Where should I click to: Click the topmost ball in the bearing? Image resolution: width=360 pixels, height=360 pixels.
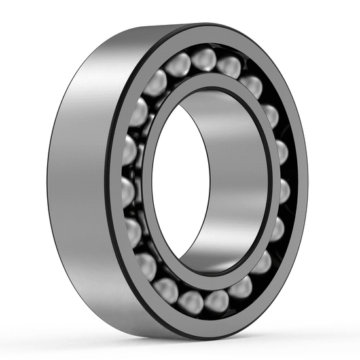click(204, 58)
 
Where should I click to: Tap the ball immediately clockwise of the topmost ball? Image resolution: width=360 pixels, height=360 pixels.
click(228, 65)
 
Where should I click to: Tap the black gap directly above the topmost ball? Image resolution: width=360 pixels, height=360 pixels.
click(204, 45)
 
